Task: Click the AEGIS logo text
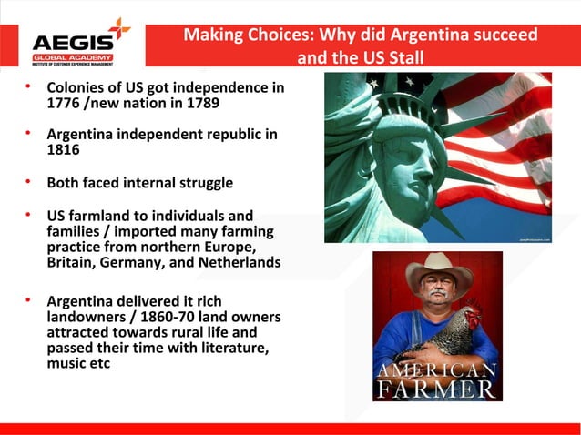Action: coord(73,42)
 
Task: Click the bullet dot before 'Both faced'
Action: coord(28,182)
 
